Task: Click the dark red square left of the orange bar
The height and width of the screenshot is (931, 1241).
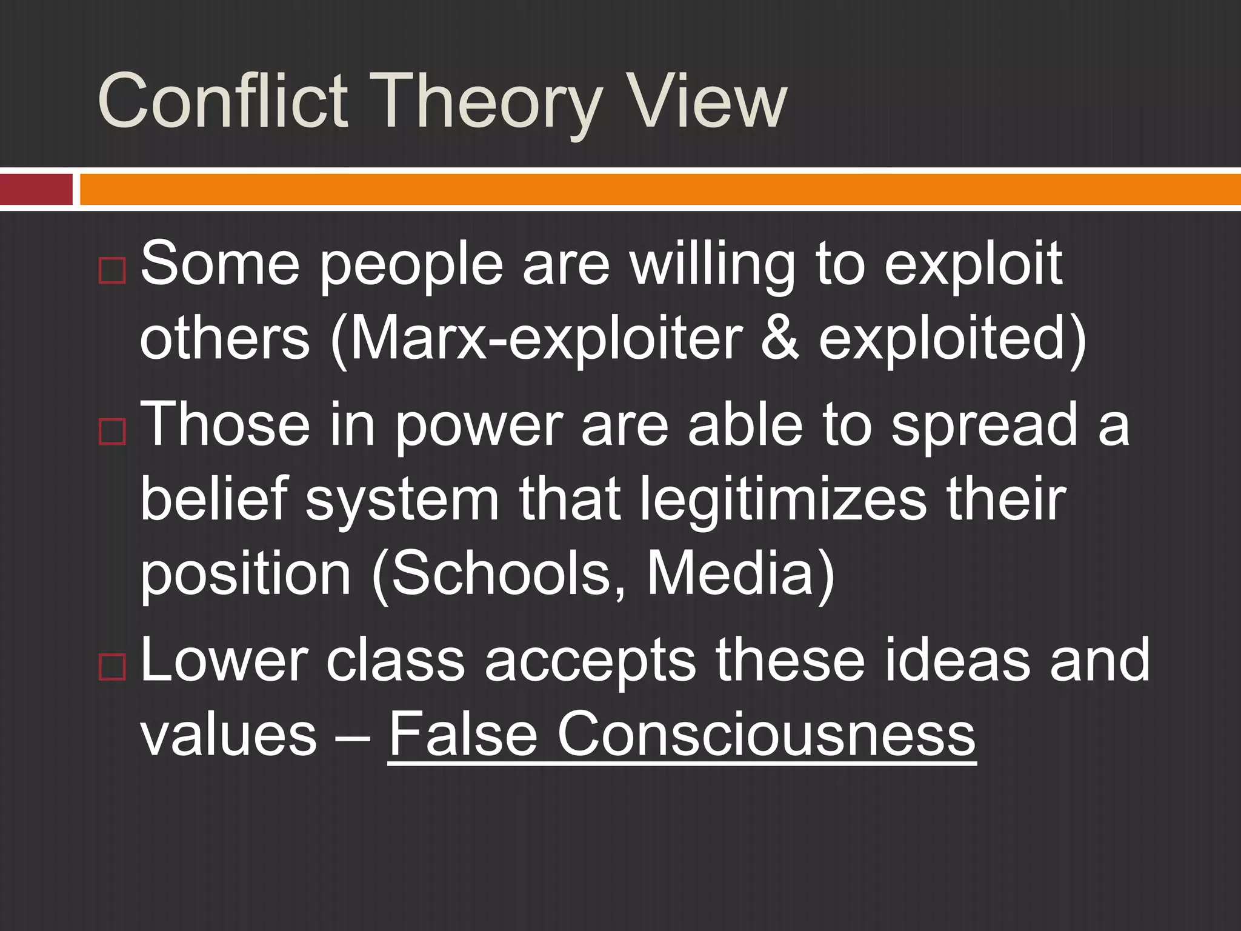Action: coord(36,189)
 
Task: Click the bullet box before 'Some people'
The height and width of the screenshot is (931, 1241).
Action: coord(111,270)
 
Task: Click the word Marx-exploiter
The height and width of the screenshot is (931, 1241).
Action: coord(545,338)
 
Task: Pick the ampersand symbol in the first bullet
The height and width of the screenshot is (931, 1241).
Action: coord(779,338)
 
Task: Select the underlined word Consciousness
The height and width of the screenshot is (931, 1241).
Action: coord(766,735)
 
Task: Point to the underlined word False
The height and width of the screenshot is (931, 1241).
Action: coord(463,735)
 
